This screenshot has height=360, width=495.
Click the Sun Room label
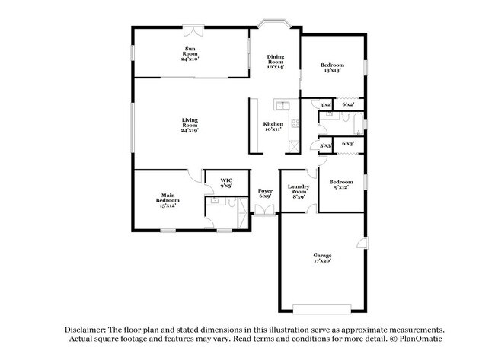(x=190, y=54)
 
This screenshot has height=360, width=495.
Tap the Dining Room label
(x=275, y=62)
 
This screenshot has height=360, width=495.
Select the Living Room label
(x=190, y=126)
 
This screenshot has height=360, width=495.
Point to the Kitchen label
(x=273, y=126)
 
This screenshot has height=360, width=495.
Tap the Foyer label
(x=265, y=193)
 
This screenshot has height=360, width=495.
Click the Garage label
(x=322, y=257)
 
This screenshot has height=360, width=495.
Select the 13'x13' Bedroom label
(x=332, y=68)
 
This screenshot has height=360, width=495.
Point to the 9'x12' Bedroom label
(x=340, y=185)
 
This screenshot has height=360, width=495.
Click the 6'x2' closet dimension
(x=348, y=104)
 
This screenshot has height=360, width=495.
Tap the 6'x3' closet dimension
(x=348, y=143)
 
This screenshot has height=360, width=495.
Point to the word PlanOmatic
(x=419, y=338)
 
